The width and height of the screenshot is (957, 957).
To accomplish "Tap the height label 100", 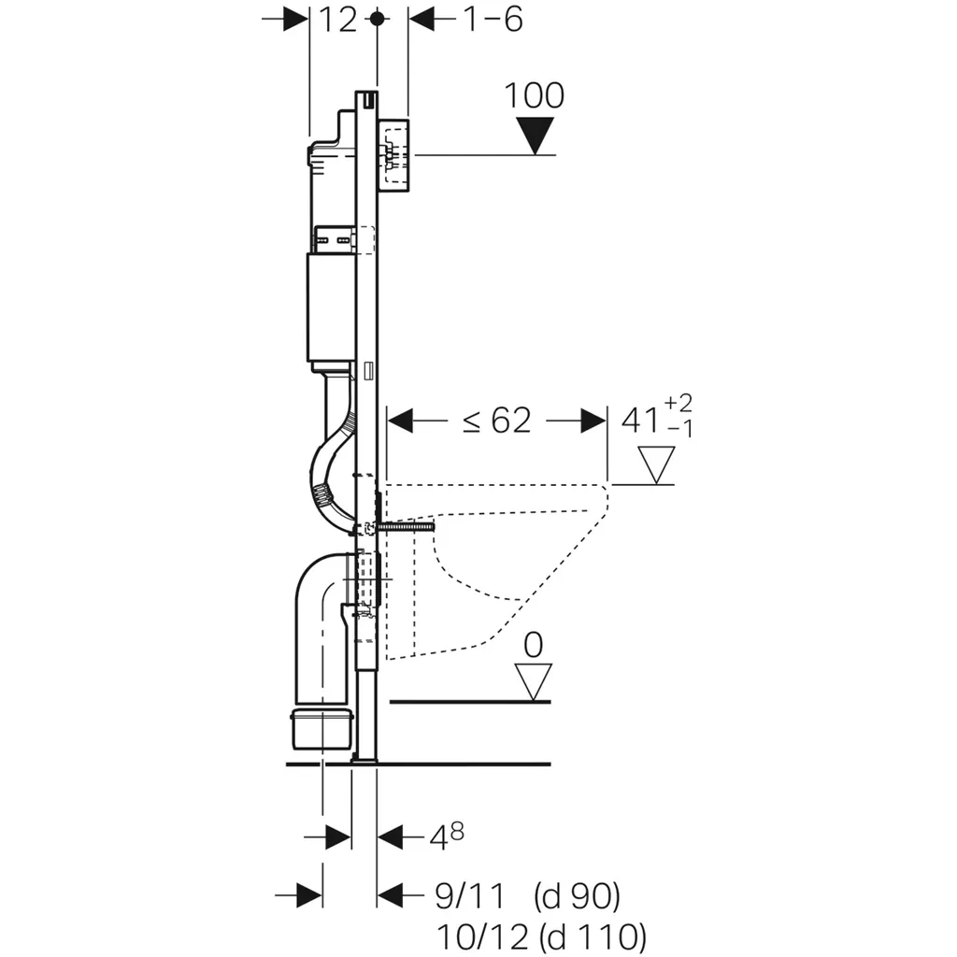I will (x=535, y=95).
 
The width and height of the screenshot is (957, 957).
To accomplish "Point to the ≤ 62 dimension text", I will (x=497, y=421).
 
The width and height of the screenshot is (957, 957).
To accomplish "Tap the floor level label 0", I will (x=534, y=645).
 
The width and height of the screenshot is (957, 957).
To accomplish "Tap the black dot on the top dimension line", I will (x=377, y=19).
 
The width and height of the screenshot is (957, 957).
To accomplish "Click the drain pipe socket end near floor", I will (x=321, y=728).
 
